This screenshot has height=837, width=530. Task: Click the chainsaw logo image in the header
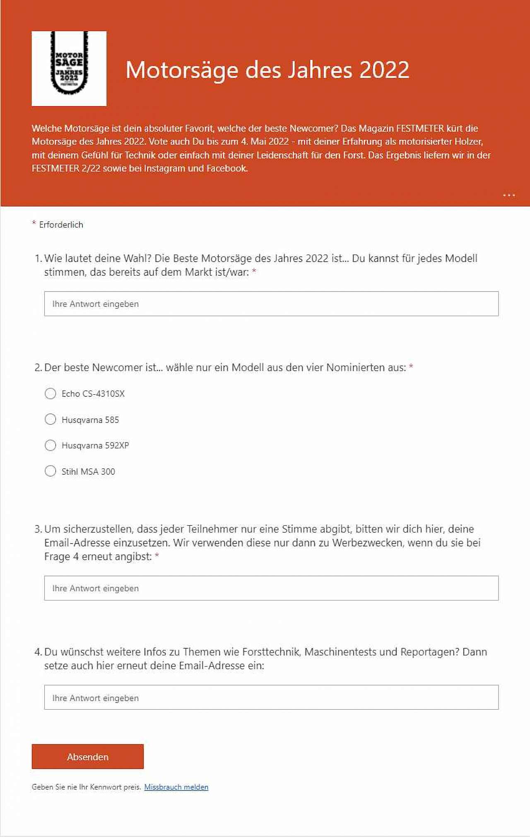pyautogui.click(x=69, y=68)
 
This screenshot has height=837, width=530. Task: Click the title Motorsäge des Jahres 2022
pyautogui.click(x=267, y=69)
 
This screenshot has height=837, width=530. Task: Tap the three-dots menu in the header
pyautogui.click(x=509, y=195)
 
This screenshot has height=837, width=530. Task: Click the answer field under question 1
pyautogui.click(x=271, y=304)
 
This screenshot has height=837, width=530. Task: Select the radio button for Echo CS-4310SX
pyautogui.click(x=51, y=393)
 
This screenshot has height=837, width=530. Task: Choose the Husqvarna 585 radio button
pyautogui.click(x=51, y=420)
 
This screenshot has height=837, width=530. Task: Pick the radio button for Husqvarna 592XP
pyautogui.click(x=51, y=445)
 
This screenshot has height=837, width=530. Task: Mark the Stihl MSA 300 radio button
pyautogui.click(x=51, y=471)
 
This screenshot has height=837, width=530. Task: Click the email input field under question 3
pyautogui.click(x=271, y=588)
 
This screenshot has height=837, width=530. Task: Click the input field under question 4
pyautogui.click(x=271, y=698)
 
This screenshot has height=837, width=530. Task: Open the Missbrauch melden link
pyautogui.click(x=176, y=787)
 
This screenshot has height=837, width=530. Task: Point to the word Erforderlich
pyautogui.click(x=61, y=225)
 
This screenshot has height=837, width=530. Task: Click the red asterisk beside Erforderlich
pyautogui.click(x=34, y=223)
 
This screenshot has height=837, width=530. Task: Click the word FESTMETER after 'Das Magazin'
pyautogui.click(x=420, y=128)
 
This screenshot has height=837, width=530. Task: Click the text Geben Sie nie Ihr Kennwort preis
pyautogui.click(x=86, y=787)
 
